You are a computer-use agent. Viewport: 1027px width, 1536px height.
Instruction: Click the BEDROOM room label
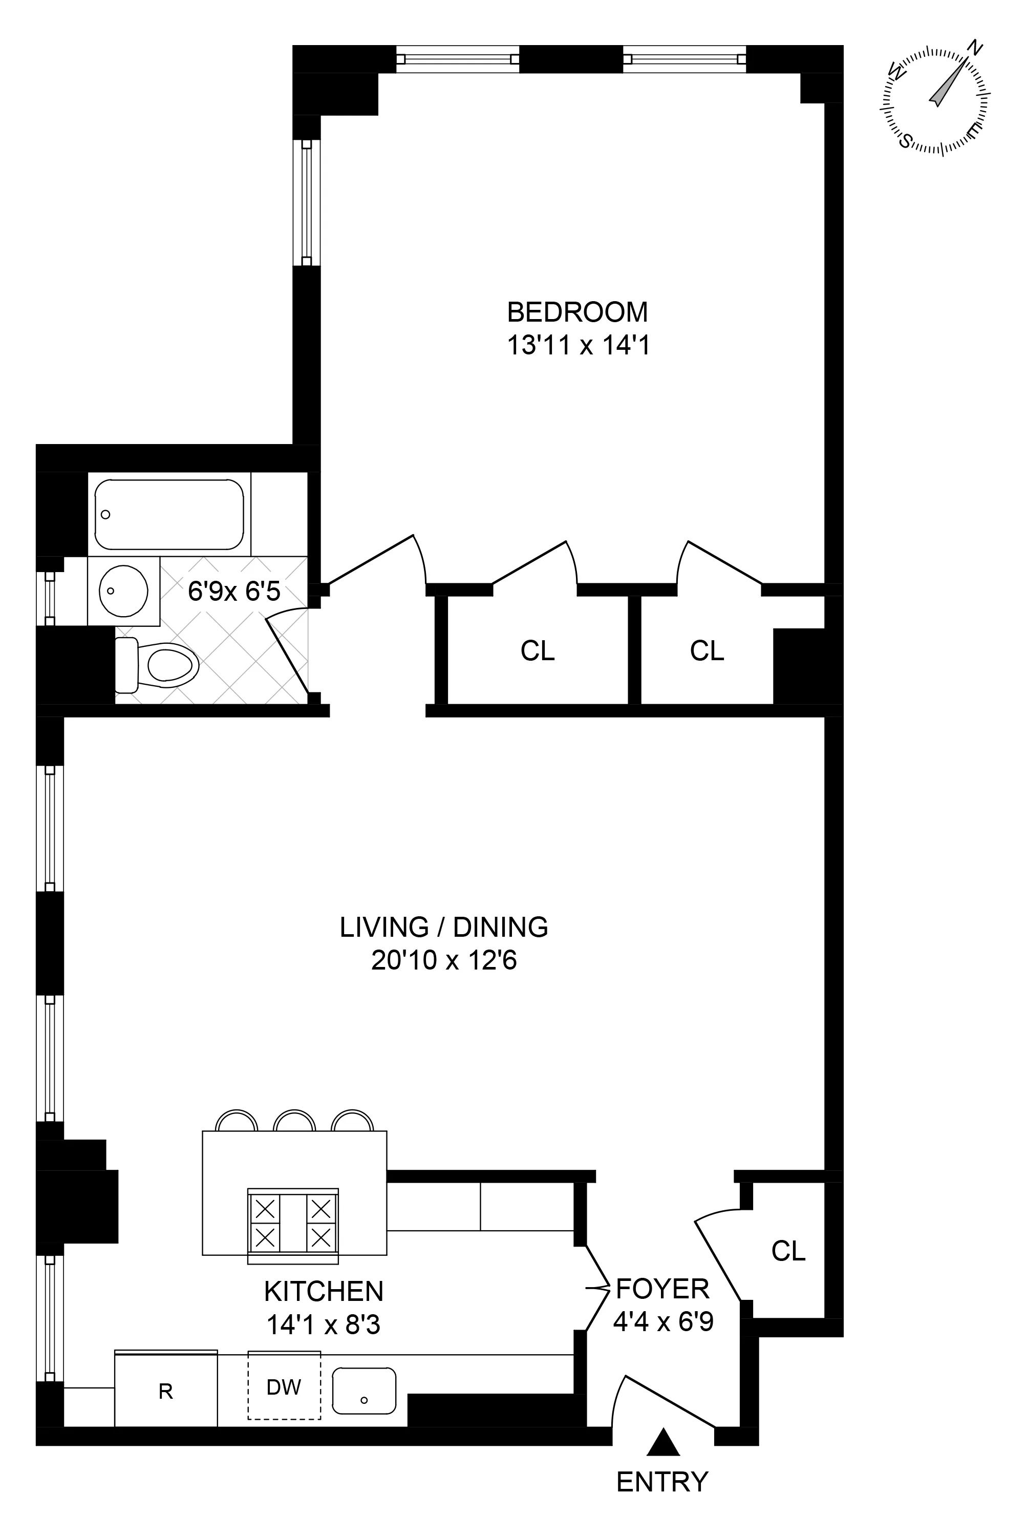pyautogui.click(x=577, y=312)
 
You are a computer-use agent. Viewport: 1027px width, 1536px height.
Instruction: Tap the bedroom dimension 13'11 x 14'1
pyautogui.click(x=579, y=345)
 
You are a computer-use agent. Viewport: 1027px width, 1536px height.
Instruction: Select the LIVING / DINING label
pyautogui.click(x=443, y=927)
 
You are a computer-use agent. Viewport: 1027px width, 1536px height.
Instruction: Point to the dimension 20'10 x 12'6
pyautogui.click(x=443, y=961)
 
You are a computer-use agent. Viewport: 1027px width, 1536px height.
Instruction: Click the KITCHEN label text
pyautogui.click(x=324, y=1292)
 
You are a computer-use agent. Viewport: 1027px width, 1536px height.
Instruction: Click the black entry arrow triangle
pyautogui.click(x=664, y=1442)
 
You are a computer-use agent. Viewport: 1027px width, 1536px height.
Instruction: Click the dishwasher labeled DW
pyautogui.click(x=284, y=1386)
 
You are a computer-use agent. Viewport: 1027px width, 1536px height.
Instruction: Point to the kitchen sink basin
pyautogui.click(x=364, y=1391)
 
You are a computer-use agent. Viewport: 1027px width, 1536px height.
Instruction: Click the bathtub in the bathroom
pyautogui.click(x=169, y=514)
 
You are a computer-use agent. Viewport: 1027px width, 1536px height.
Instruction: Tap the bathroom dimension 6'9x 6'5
pyautogui.click(x=234, y=592)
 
